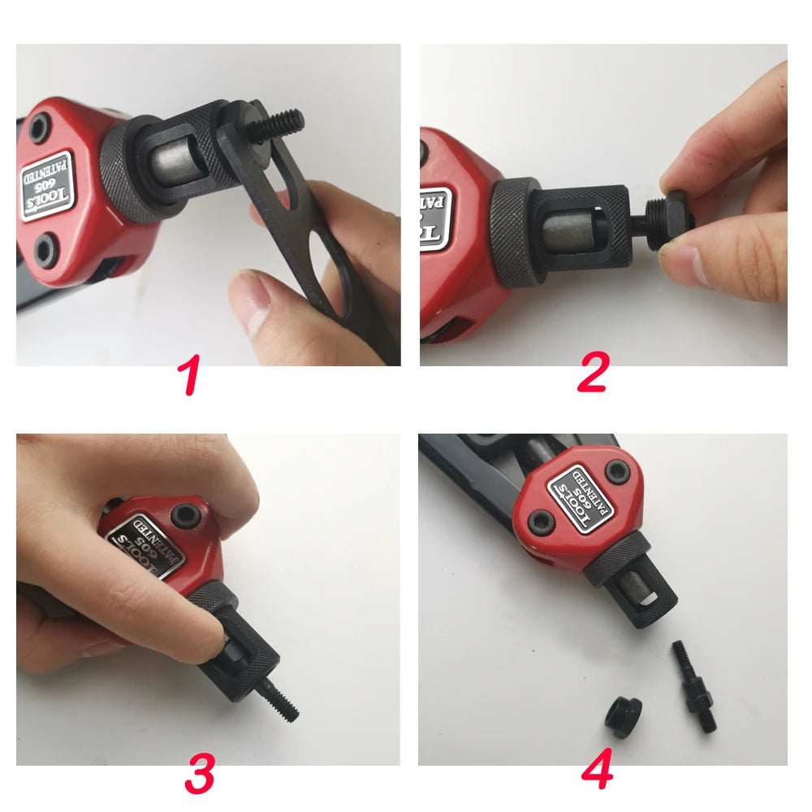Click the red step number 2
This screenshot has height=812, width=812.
(593, 374)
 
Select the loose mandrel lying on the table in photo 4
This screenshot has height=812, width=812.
(692, 687)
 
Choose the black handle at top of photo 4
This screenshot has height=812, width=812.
(479, 467)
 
